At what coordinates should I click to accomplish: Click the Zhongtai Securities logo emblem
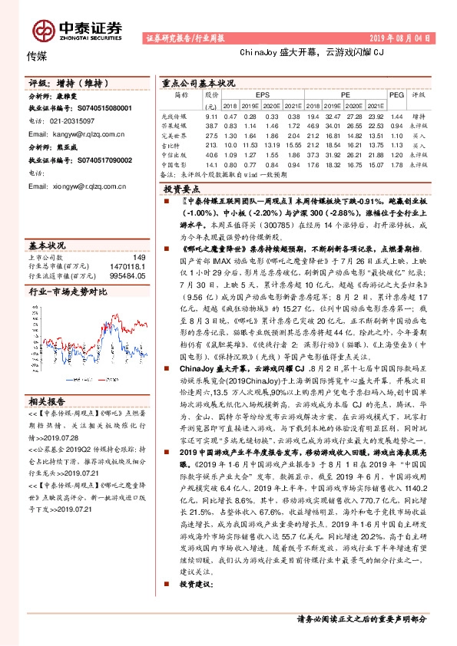coord(42,30)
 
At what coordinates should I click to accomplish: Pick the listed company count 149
coord(139,257)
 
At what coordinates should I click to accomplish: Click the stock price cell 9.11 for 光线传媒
coord(212,115)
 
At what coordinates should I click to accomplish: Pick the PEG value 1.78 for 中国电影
coord(396,164)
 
